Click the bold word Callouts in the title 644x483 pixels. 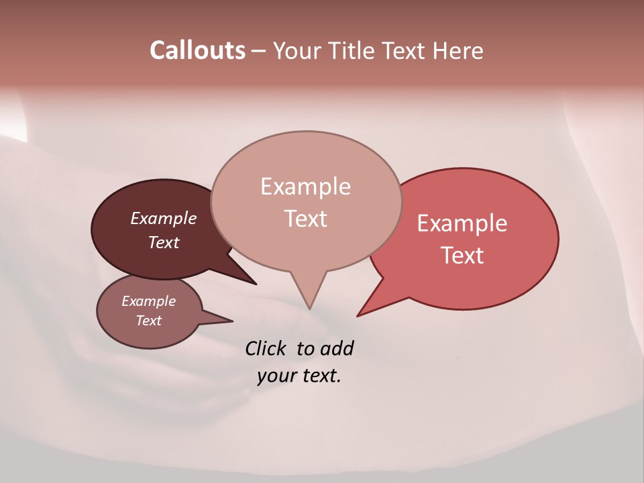point(197,50)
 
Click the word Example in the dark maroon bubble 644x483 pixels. point(164,218)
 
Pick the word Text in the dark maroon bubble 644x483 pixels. point(164,242)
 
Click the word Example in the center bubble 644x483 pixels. point(305,186)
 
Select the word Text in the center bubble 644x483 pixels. point(305,219)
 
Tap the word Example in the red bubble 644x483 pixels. point(462,223)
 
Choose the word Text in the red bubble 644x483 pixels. point(462,256)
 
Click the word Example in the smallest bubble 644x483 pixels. point(148,301)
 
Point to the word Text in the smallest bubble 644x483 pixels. point(148,321)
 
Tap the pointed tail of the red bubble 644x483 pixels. point(360,314)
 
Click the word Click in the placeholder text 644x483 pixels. point(266,348)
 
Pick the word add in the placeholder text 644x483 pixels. point(337,348)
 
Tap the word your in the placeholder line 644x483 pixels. point(275,376)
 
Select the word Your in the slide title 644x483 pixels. point(299,50)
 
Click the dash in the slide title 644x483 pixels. point(259,50)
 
